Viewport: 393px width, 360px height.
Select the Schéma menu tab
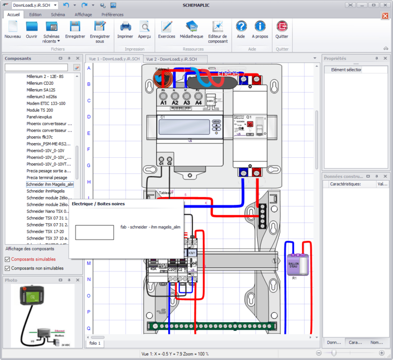click(x=58, y=15)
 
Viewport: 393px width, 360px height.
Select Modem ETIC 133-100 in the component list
click(x=46, y=104)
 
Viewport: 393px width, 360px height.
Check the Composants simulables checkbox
click(x=7, y=259)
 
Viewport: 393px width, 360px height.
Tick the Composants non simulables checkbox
click(x=7, y=268)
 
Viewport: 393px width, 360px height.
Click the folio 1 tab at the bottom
click(x=95, y=344)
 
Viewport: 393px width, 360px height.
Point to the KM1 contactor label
click(x=192, y=253)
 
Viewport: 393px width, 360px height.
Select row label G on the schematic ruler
click(x=89, y=166)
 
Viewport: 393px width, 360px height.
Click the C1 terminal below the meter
click(x=161, y=161)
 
